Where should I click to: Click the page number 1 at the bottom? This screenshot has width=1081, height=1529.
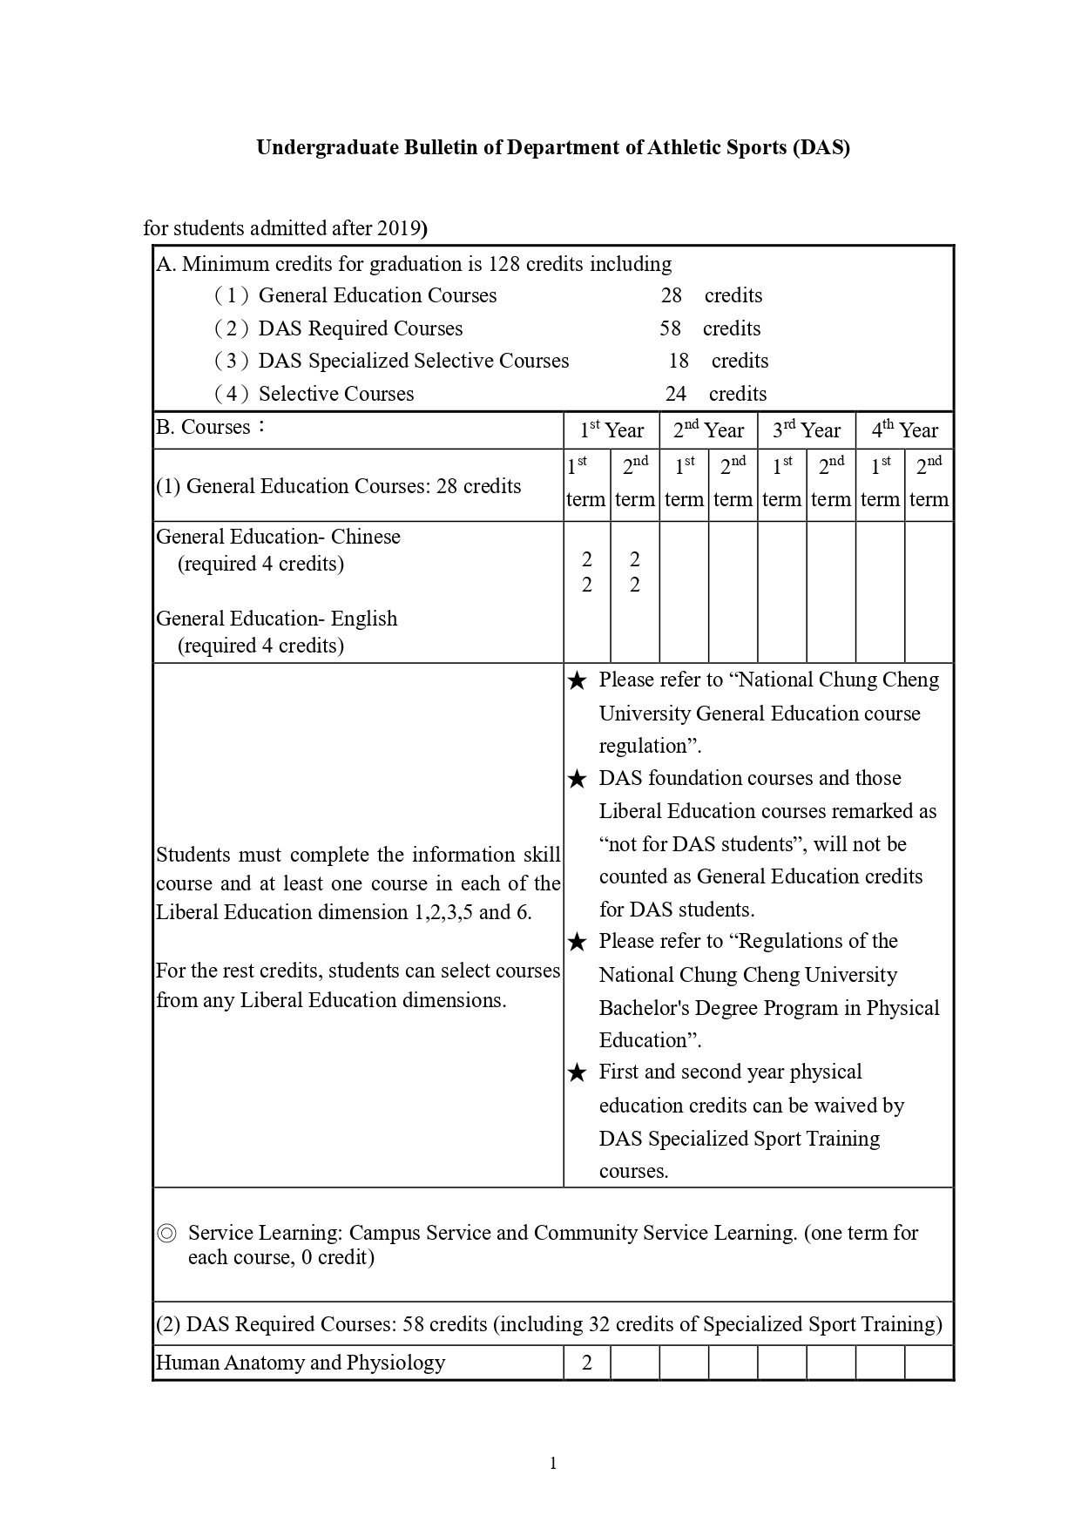pos(553,1463)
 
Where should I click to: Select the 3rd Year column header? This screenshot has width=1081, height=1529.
pos(807,430)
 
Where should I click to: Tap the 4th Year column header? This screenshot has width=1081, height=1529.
pos(905,430)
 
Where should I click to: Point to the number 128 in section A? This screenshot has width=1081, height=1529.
pos(503,264)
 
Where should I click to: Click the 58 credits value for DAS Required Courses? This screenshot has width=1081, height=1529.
pos(670,328)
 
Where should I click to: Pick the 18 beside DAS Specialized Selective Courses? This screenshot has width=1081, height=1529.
pos(679,361)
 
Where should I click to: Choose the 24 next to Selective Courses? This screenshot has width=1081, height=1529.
pos(676,394)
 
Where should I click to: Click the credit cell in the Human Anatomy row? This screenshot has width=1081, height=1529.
pos(587,1363)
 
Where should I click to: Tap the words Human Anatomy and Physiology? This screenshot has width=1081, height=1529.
pos(301,1363)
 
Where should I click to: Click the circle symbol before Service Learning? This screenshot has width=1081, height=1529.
pos(166,1234)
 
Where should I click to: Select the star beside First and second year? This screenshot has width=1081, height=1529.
pos(577,1072)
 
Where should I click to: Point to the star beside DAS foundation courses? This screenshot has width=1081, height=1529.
pos(577,779)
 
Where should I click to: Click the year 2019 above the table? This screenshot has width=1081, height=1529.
pos(399,228)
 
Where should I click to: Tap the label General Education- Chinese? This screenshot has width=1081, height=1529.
pos(278,537)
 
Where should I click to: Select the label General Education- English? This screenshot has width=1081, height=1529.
pos(276,619)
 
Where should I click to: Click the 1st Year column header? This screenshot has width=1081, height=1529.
pos(611,430)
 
